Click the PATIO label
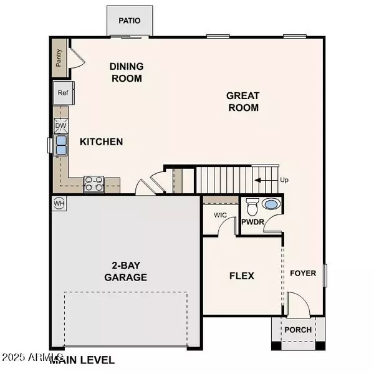[x=130, y=21]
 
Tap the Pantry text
[x=59, y=58]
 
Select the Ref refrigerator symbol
[x=64, y=93]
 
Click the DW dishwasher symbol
[x=61, y=126]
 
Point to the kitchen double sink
[x=61, y=145]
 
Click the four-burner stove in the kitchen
[x=94, y=184]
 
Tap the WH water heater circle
[x=59, y=203]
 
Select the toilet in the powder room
[x=252, y=206]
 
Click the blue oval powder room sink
[x=271, y=204]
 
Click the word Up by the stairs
[x=284, y=180]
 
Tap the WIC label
[x=220, y=215]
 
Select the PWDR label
[x=252, y=222]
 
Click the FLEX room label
[x=242, y=276]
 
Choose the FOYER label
[x=303, y=274]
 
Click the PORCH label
[x=298, y=330]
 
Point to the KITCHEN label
[x=102, y=142]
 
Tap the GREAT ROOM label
[x=243, y=102]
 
